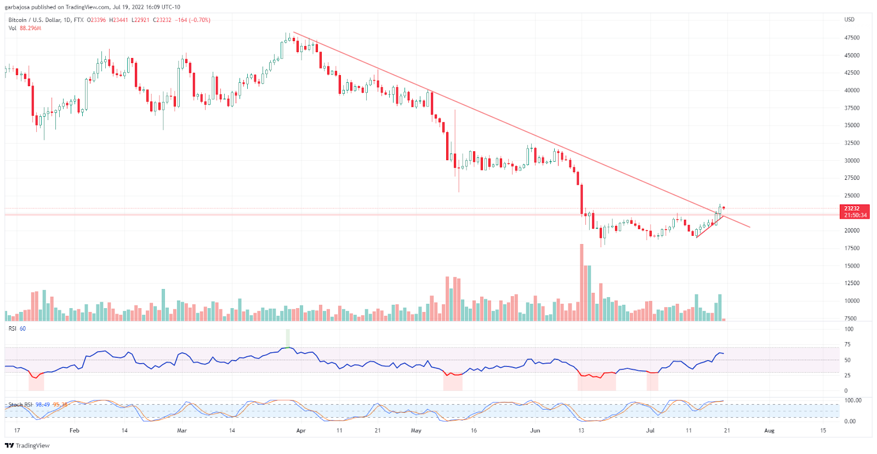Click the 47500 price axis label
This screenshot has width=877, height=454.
[x=852, y=38]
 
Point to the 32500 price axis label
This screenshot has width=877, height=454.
[x=852, y=143]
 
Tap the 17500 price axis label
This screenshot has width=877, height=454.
[x=852, y=248]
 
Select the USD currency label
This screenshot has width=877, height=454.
[x=849, y=20]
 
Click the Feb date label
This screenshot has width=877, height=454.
[x=75, y=430]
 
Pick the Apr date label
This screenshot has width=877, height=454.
[x=300, y=430]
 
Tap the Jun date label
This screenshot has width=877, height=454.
[x=535, y=430]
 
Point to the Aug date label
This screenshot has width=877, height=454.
[x=769, y=430]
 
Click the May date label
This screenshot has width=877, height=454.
[x=416, y=430]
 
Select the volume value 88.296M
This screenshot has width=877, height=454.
[x=31, y=28]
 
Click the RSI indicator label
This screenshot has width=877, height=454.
[x=13, y=328]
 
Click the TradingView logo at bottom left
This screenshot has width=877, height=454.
[x=27, y=445]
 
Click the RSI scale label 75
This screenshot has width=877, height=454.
[x=847, y=344]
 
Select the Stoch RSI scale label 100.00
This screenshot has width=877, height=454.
[x=853, y=400]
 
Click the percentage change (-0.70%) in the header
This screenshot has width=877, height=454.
[x=200, y=20]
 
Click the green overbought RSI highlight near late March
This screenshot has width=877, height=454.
[x=288, y=338]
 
